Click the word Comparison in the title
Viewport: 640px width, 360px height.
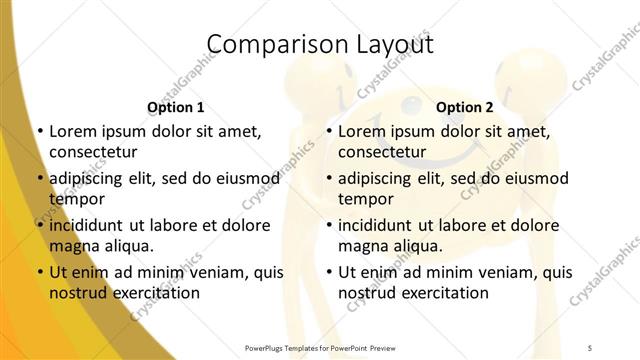[268, 45]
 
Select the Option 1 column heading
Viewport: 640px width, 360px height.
[176, 107]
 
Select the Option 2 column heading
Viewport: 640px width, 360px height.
[465, 107]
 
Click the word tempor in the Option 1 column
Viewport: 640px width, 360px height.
[75, 199]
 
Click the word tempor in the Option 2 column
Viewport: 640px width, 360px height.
[364, 199]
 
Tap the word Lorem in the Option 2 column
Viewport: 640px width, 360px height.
[362, 131]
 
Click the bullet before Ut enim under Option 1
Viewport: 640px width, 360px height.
[38, 272]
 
